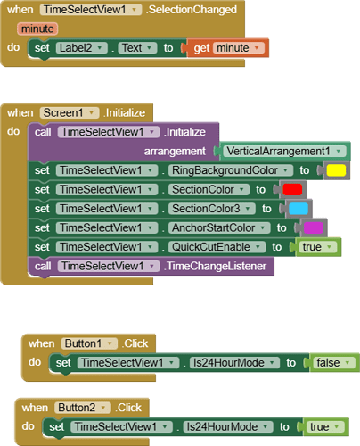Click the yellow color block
point(335,169)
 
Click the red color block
point(292,189)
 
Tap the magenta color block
point(314,227)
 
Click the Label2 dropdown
point(80,47)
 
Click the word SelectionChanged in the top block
point(192,10)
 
